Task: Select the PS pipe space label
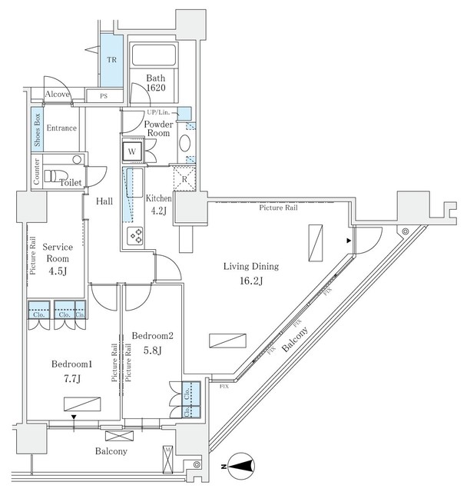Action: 102,95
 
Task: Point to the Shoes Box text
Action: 37,128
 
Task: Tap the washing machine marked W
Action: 132,151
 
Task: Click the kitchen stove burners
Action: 135,235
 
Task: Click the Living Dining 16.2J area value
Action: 251,281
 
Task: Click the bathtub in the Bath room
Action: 154,56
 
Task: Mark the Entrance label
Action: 61,128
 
